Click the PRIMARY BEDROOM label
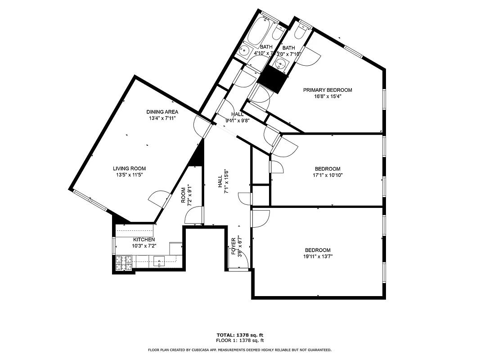click(327, 90)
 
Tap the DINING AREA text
click(162, 112)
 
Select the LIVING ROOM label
click(129, 169)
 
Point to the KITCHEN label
click(144, 240)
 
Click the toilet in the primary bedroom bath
click(301, 31)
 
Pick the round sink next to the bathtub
click(245, 51)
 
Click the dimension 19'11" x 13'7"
click(318, 256)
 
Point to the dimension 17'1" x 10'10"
click(327, 175)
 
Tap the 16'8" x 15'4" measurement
click(327, 96)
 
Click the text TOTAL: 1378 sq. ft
click(240, 335)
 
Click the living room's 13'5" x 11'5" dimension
click(129, 175)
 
